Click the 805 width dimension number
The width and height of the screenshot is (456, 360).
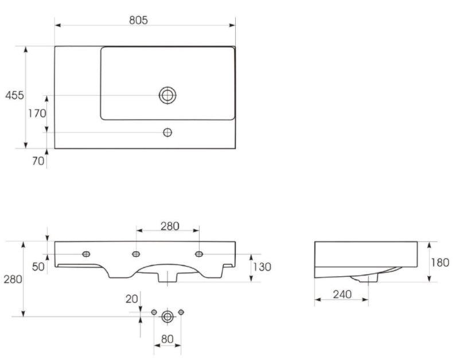click(138, 20)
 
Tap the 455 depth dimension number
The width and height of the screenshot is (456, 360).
click(14, 95)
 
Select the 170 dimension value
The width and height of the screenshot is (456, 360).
click(37, 113)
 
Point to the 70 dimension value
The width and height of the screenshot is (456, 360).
click(38, 161)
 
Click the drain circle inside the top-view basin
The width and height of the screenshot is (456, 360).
click(167, 95)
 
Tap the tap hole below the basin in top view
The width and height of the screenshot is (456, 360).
click(167, 132)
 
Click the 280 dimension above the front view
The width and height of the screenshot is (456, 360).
click(170, 226)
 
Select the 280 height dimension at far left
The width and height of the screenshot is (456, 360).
click(13, 279)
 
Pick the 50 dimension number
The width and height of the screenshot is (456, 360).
click(38, 267)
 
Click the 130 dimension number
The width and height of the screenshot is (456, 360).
click(262, 267)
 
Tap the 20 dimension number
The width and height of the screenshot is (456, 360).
click(132, 299)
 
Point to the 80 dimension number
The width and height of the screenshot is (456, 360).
click(167, 339)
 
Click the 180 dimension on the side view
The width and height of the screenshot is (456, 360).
click(440, 263)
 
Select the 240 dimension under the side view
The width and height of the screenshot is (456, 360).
click(342, 295)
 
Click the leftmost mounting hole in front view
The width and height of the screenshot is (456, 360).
click(86, 254)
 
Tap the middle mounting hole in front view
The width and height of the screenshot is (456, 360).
click(136, 254)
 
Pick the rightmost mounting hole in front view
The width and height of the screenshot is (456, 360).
click(199, 254)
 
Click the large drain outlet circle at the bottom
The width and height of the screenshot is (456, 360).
click(167, 316)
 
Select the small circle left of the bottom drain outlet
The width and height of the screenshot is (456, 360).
click(154, 312)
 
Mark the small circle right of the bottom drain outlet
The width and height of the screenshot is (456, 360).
click(181, 312)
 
